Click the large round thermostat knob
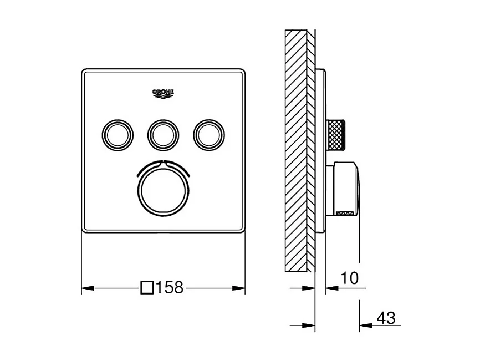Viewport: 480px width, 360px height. tap(163, 189)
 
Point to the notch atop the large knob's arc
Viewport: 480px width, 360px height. tap(163, 163)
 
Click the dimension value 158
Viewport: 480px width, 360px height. tap(170, 288)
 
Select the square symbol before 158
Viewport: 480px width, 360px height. tap(148, 288)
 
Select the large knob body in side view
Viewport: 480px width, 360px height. tap(345, 188)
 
